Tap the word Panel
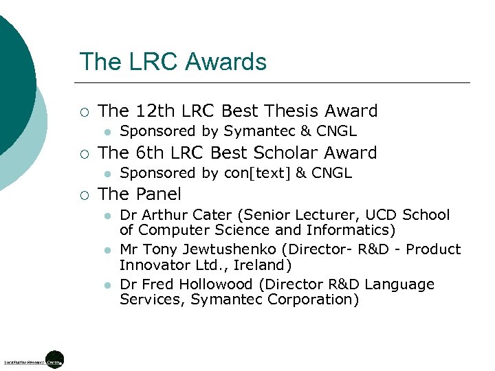coord(159,194)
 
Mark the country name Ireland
coord(260,265)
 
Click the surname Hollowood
coord(212,284)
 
